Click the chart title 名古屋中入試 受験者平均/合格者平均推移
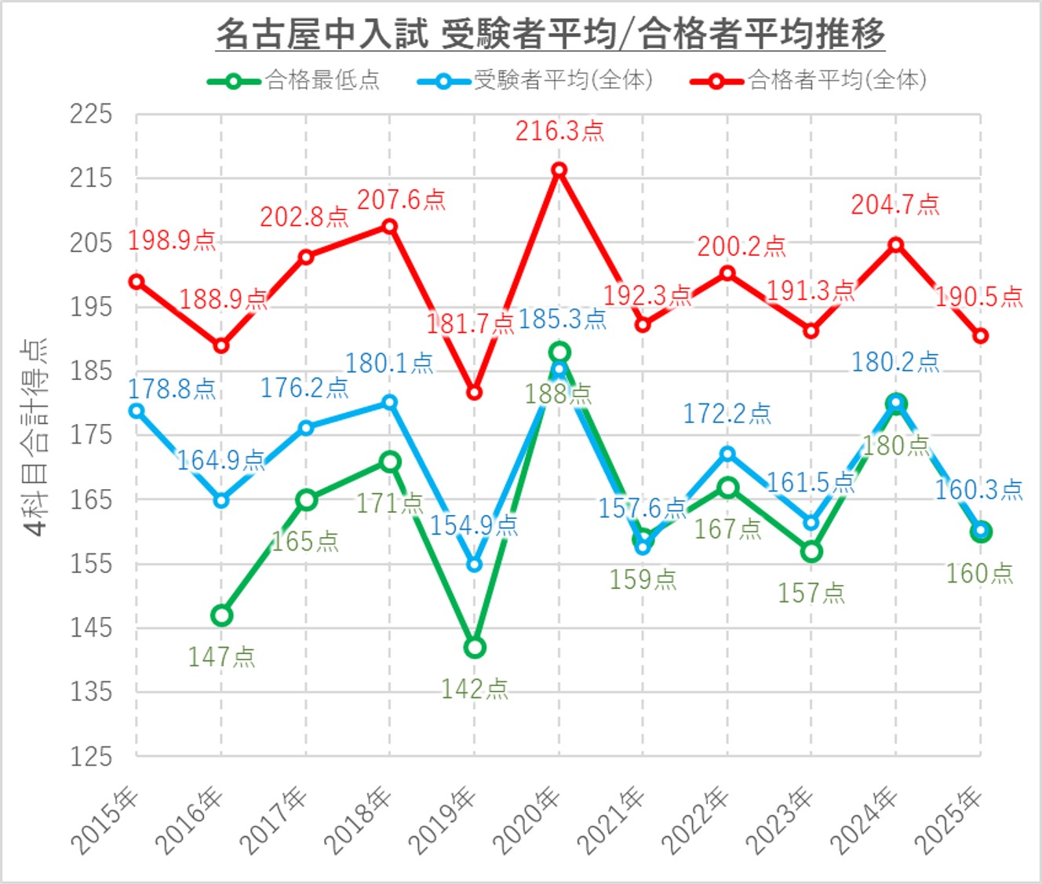click(x=550, y=34)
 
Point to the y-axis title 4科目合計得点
click(x=35, y=437)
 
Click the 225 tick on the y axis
click(x=91, y=115)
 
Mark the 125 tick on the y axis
click(x=91, y=757)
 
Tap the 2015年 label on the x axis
click(x=105, y=820)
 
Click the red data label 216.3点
click(x=559, y=131)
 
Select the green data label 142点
click(x=475, y=689)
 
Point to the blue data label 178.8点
click(x=172, y=389)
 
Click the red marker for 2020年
click(x=559, y=170)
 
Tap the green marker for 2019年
click(x=475, y=648)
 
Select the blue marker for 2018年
click(x=390, y=403)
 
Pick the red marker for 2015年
click(x=137, y=282)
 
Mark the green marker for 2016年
click(x=221, y=616)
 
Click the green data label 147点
click(x=221, y=657)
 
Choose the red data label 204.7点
click(x=895, y=205)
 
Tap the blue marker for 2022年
click(x=727, y=454)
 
